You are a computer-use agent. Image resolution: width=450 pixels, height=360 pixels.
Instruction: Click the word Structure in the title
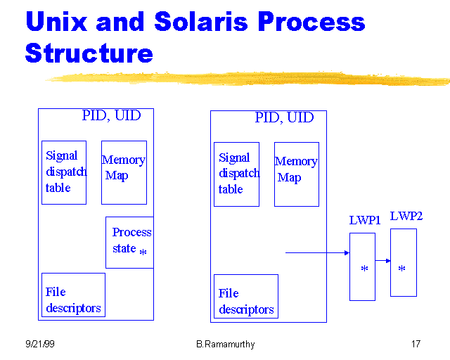[89, 53]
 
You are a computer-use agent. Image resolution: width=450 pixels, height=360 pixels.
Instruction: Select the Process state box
[129, 242]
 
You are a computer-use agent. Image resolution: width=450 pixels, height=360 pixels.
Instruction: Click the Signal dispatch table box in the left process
[64, 172]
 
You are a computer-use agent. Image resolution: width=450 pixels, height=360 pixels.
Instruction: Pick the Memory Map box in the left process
[124, 172]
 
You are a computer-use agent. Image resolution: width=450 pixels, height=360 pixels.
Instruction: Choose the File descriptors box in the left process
[73, 295]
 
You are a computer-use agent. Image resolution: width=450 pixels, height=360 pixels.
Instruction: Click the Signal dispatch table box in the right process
[236, 174]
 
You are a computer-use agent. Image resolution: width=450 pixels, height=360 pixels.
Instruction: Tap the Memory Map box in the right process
[296, 174]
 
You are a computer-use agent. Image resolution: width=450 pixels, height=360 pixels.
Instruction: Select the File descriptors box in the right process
[245, 296]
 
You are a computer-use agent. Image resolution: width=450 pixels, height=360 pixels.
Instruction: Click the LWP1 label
[365, 220]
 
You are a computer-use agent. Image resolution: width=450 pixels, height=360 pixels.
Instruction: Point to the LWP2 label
[406, 216]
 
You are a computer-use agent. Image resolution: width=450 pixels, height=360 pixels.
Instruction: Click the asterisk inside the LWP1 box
[364, 269]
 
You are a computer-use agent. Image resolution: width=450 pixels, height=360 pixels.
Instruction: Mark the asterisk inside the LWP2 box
[401, 269]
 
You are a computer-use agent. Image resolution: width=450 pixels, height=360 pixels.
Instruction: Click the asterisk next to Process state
[143, 252]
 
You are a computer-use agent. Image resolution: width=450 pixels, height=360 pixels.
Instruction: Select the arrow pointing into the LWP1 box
[316, 252]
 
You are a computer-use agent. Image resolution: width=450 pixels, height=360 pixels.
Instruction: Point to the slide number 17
[416, 345]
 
